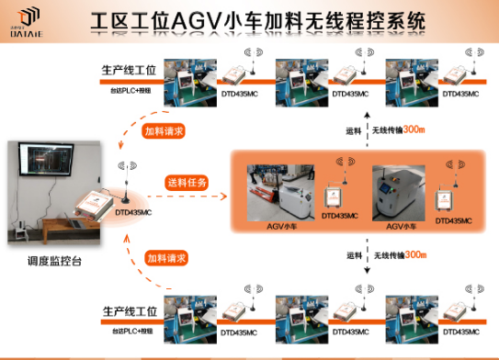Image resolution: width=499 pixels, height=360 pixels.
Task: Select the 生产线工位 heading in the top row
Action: pyautogui.click(x=130, y=70)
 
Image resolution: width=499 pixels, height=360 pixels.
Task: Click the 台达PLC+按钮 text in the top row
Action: pyautogui.click(x=130, y=90)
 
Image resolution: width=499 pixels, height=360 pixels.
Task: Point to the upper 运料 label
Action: pyautogui.click(x=354, y=129)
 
